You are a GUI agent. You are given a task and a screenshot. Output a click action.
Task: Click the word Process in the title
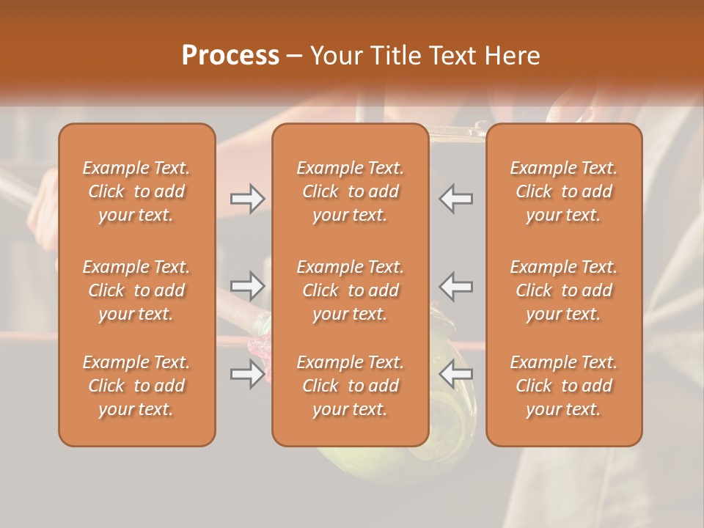pyautogui.click(x=230, y=56)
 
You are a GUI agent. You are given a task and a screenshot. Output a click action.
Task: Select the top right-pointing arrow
pyautogui.click(x=247, y=199)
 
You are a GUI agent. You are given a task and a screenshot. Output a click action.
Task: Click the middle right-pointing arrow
pyautogui.click(x=247, y=286)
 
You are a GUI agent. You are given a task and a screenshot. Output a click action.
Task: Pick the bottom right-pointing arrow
pyautogui.click(x=247, y=375)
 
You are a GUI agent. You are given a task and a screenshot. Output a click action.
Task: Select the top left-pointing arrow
pyautogui.click(x=456, y=199)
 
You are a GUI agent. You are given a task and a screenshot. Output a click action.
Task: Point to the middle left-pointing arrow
pyautogui.click(x=456, y=286)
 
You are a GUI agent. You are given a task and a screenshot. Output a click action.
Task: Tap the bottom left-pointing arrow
pyautogui.click(x=456, y=375)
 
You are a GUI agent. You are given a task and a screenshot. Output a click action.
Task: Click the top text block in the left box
pyautogui.click(x=136, y=191)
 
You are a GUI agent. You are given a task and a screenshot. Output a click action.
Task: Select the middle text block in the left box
pyautogui.click(x=136, y=290)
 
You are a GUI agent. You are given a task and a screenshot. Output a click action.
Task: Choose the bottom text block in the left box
pyautogui.click(x=136, y=386)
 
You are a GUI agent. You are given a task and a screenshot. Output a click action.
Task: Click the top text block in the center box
pyautogui.click(x=350, y=191)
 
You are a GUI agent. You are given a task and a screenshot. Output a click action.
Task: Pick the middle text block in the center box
pyautogui.click(x=350, y=290)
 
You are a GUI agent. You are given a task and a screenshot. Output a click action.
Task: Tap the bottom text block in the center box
pyautogui.click(x=350, y=386)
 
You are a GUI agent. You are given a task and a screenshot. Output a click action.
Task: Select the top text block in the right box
pyautogui.click(x=563, y=191)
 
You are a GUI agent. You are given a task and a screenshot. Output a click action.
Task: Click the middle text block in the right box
pyautogui.click(x=563, y=290)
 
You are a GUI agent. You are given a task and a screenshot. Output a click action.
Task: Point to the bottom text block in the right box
pyautogui.click(x=563, y=386)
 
